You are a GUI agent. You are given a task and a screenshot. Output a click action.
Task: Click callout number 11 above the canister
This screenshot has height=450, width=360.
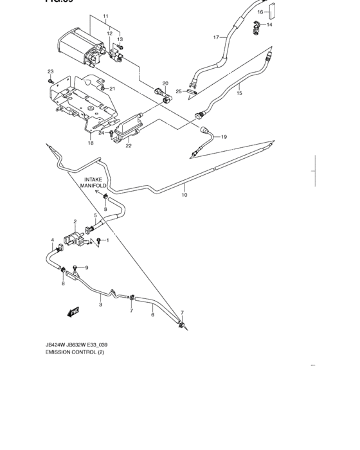tap(106, 15)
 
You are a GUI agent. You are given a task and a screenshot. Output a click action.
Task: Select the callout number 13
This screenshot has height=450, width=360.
tap(119, 39)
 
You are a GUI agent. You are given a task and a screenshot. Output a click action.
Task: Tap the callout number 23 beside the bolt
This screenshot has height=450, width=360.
tap(50, 71)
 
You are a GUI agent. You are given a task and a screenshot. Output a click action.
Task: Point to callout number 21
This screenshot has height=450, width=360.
tap(112, 89)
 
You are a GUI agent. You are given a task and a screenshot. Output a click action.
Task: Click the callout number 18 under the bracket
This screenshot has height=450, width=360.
tap(91, 143)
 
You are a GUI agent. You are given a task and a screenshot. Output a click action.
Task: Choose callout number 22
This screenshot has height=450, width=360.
tap(129, 146)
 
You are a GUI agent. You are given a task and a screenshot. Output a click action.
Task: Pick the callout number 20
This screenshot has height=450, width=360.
tap(165, 84)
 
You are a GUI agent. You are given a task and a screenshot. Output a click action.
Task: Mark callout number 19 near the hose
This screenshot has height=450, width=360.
tap(224, 137)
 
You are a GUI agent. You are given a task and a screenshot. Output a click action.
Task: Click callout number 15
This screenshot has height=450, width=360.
tap(239, 93)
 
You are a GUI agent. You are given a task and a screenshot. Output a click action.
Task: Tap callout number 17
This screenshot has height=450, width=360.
tap(216, 37)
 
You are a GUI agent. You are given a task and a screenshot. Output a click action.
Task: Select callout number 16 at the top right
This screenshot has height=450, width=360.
tap(260, 12)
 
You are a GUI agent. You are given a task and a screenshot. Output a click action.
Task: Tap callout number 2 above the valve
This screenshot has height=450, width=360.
tap(75, 222)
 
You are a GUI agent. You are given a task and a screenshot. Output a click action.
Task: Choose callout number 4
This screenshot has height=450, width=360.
tap(52, 240)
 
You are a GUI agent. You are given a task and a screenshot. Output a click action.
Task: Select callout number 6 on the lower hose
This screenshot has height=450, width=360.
tap(152, 314)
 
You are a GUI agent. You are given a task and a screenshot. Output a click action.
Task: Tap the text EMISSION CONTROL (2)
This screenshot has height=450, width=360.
tap(76, 352)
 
